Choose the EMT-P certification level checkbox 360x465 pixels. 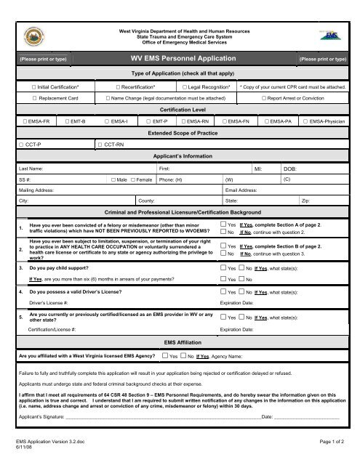[x=148, y=121]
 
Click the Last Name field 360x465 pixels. [x=87, y=168]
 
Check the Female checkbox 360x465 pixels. [x=133, y=179]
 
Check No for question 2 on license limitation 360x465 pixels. [x=223, y=254]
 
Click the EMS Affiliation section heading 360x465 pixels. [x=179, y=341]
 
